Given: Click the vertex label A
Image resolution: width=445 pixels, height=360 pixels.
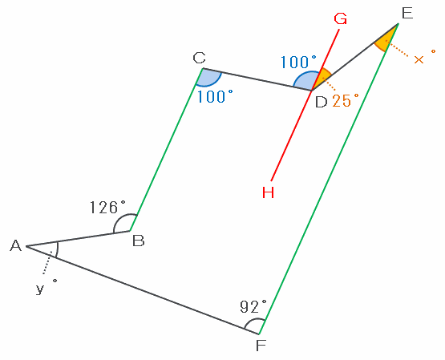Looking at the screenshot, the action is pyautogui.click(x=15, y=245).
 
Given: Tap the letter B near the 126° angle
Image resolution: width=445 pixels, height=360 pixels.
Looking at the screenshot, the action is pyautogui.click(x=139, y=241).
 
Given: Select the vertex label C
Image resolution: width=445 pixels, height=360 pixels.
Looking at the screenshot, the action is pyautogui.click(x=199, y=58).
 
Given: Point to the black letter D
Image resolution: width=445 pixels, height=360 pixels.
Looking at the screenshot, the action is pyautogui.click(x=321, y=102).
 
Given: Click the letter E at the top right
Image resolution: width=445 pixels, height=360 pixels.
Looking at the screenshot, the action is pyautogui.click(x=407, y=13).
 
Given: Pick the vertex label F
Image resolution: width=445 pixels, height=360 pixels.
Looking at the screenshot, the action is pyautogui.click(x=261, y=346).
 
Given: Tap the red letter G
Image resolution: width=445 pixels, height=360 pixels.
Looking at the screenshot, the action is pyautogui.click(x=340, y=18).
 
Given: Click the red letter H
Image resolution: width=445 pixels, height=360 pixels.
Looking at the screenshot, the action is pyautogui.click(x=268, y=192).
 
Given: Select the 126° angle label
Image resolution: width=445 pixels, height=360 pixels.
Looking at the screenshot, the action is pyautogui.click(x=107, y=207).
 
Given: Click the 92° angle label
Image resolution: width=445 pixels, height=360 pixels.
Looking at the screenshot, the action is pyautogui.click(x=253, y=306).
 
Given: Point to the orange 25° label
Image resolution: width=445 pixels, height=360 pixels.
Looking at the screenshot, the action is pyautogui.click(x=346, y=100).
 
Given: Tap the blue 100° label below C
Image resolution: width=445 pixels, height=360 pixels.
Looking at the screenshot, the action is pyautogui.click(x=215, y=96).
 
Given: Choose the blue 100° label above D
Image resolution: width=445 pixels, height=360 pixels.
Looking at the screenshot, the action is pyautogui.click(x=298, y=62).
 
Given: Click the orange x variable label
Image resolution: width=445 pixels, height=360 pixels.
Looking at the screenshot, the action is pyautogui.click(x=425, y=57).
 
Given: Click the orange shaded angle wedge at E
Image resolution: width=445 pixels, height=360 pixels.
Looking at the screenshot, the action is pyautogui.click(x=386, y=38).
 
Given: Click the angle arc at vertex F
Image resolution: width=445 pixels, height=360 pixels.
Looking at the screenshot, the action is pyautogui.click(x=253, y=321).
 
